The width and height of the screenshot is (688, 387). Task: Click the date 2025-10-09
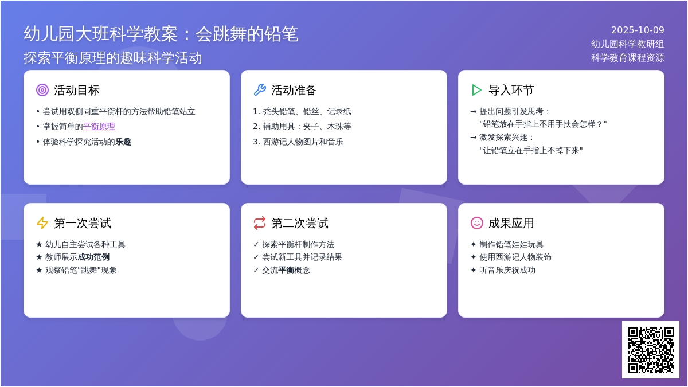coord(638,30)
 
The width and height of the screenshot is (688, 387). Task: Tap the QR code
coord(651,350)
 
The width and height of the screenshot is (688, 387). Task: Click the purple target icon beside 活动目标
coord(42,90)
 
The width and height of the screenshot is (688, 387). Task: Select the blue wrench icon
coord(260,90)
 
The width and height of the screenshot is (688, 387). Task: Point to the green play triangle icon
coord(476,90)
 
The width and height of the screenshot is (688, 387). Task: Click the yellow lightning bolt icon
coord(42,223)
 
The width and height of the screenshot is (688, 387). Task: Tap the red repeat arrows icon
coord(260,223)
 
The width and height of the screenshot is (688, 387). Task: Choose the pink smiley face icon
coord(477,223)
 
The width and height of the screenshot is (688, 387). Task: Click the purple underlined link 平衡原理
coord(99,126)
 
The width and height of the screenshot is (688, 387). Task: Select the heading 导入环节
coord(511,91)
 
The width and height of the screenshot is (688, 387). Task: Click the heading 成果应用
coord(511,223)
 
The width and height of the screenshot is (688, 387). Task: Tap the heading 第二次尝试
coord(299,223)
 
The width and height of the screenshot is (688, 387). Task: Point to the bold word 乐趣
coord(123,142)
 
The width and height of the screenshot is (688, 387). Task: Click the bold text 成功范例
coord(93,257)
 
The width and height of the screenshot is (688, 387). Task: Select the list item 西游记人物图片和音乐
coord(303,142)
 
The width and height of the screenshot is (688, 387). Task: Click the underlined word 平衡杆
coord(290,244)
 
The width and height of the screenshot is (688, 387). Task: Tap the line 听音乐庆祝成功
coord(507,270)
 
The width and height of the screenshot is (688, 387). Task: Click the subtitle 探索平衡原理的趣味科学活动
coord(113,58)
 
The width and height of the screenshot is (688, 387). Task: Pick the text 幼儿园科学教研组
coord(627,44)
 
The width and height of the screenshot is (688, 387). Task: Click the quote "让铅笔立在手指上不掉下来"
coord(531,150)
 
